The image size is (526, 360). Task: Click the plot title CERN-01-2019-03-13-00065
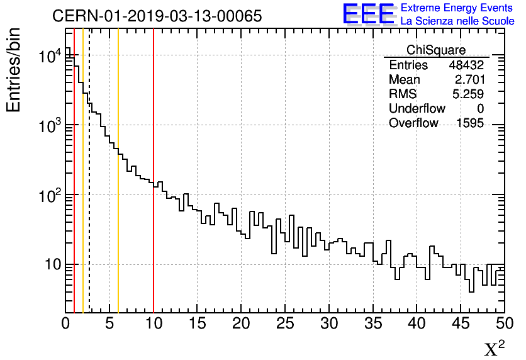(x=157, y=16)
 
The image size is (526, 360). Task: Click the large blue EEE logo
(x=369, y=14)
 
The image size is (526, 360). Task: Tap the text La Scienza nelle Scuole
(x=457, y=21)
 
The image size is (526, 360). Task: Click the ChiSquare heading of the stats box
(x=436, y=50)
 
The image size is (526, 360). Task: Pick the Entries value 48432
(x=466, y=65)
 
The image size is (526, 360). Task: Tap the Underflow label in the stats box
(x=417, y=109)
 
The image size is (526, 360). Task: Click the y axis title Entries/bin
(x=14, y=70)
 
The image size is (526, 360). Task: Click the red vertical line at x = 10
(x=154, y=220)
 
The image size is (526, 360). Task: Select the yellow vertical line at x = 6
(x=118, y=220)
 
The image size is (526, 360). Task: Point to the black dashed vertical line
(x=89, y=220)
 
